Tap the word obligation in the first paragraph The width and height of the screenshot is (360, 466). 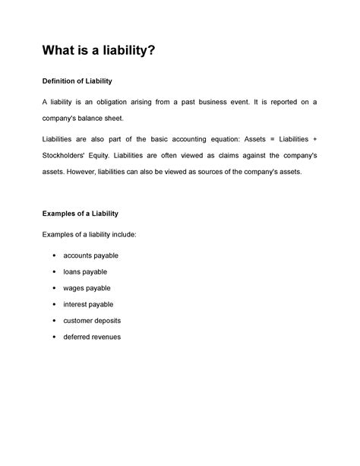pos(122,103)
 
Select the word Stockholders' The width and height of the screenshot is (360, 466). pos(67,156)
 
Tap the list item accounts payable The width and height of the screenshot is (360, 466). pos(91,255)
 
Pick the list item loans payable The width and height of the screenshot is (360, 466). pos(85,271)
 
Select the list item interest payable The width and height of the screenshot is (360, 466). pos(88,304)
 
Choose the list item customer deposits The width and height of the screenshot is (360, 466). pos(92,320)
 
